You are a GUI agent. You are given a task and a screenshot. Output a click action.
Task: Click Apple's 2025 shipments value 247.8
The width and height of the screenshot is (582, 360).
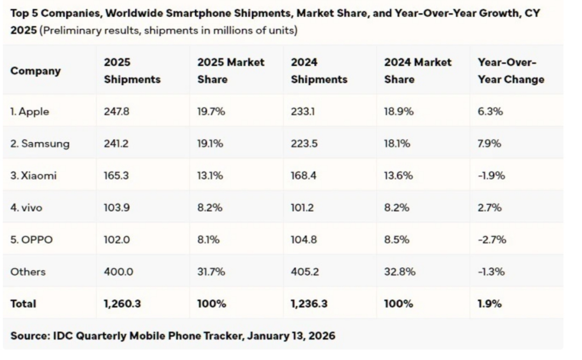116,112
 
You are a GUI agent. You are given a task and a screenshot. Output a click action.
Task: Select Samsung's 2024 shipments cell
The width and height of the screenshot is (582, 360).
304,144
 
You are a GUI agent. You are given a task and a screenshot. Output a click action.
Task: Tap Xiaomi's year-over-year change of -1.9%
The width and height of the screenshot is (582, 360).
491,175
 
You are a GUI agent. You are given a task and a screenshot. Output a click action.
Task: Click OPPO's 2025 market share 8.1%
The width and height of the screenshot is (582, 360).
208,240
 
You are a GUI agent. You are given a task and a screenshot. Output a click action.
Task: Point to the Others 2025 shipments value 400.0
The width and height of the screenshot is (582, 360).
118,272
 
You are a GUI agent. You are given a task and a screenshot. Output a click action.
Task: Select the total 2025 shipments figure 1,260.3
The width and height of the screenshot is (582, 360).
122,304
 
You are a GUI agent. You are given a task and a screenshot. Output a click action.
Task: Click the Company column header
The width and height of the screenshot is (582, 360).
36,71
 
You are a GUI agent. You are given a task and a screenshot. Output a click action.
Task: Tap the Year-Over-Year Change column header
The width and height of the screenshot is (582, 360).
510,71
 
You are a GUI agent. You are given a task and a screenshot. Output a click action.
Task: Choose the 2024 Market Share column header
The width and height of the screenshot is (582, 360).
418,71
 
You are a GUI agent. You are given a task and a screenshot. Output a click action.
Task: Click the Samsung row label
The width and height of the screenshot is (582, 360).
40,144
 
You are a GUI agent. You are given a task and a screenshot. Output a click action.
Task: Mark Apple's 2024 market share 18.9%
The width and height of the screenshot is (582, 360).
399,112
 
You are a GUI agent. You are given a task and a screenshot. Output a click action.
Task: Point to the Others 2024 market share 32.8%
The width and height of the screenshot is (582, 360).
399,272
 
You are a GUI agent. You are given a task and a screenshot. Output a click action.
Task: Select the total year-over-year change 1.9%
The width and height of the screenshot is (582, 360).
489,304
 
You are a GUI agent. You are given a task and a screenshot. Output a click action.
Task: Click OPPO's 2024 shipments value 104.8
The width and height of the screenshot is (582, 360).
304,240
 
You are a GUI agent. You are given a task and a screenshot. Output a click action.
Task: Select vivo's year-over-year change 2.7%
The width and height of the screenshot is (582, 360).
489,208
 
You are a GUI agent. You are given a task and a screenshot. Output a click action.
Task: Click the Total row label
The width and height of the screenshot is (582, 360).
23,304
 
